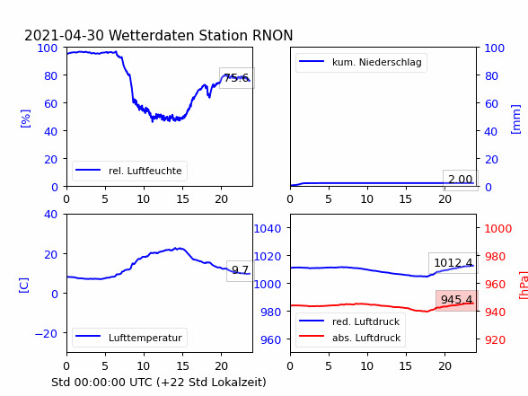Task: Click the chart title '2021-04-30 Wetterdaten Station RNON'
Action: [159, 35]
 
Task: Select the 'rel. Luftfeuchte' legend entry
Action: [129, 171]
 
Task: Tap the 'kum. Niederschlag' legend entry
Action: [361, 62]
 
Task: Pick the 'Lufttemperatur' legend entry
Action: [129, 338]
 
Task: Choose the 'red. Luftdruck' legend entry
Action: [350, 321]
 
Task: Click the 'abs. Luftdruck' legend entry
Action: [350, 338]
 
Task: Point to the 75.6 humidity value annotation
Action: [237, 78]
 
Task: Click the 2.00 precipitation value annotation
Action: [461, 180]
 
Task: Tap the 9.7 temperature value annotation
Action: [240, 270]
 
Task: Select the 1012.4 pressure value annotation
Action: [453, 262]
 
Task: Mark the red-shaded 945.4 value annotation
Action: [457, 300]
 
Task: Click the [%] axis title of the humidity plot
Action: [25, 119]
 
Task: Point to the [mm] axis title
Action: [515, 119]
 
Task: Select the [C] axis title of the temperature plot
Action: [24, 286]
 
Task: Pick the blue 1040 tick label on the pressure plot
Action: [268, 229]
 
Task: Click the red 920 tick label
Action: [495, 339]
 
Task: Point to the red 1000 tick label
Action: [498, 229]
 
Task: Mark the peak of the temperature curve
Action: [180, 248]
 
